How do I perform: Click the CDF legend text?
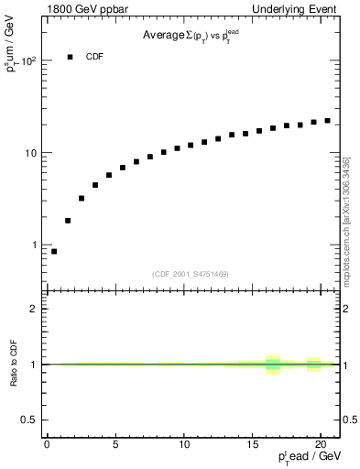pyautogui.click(x=94, y=57)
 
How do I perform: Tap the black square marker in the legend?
pyautogui.click(x=70, y=57)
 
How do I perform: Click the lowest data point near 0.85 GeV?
pyautogui.click(x=54, y=251)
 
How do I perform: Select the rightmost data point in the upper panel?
pyautogui.click(x=327, y=120)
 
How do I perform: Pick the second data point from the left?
pyautogui.click(x=68, y=221)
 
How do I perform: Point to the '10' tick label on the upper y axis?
pyautogui.click(x=29, y=153)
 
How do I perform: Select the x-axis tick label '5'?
pyautogui.click(x=115, y=445)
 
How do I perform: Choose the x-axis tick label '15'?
pyautogui.click(x=253, y=445)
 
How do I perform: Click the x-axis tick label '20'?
pyautogui.click(x=322, y=445)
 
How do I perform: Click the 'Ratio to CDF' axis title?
pyautogui.click(x=13, y=364)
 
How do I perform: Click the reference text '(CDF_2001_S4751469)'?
pyautogui.click(x=191, y=274)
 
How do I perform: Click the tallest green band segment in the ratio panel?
pyautogui.click(x=272, y=365)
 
